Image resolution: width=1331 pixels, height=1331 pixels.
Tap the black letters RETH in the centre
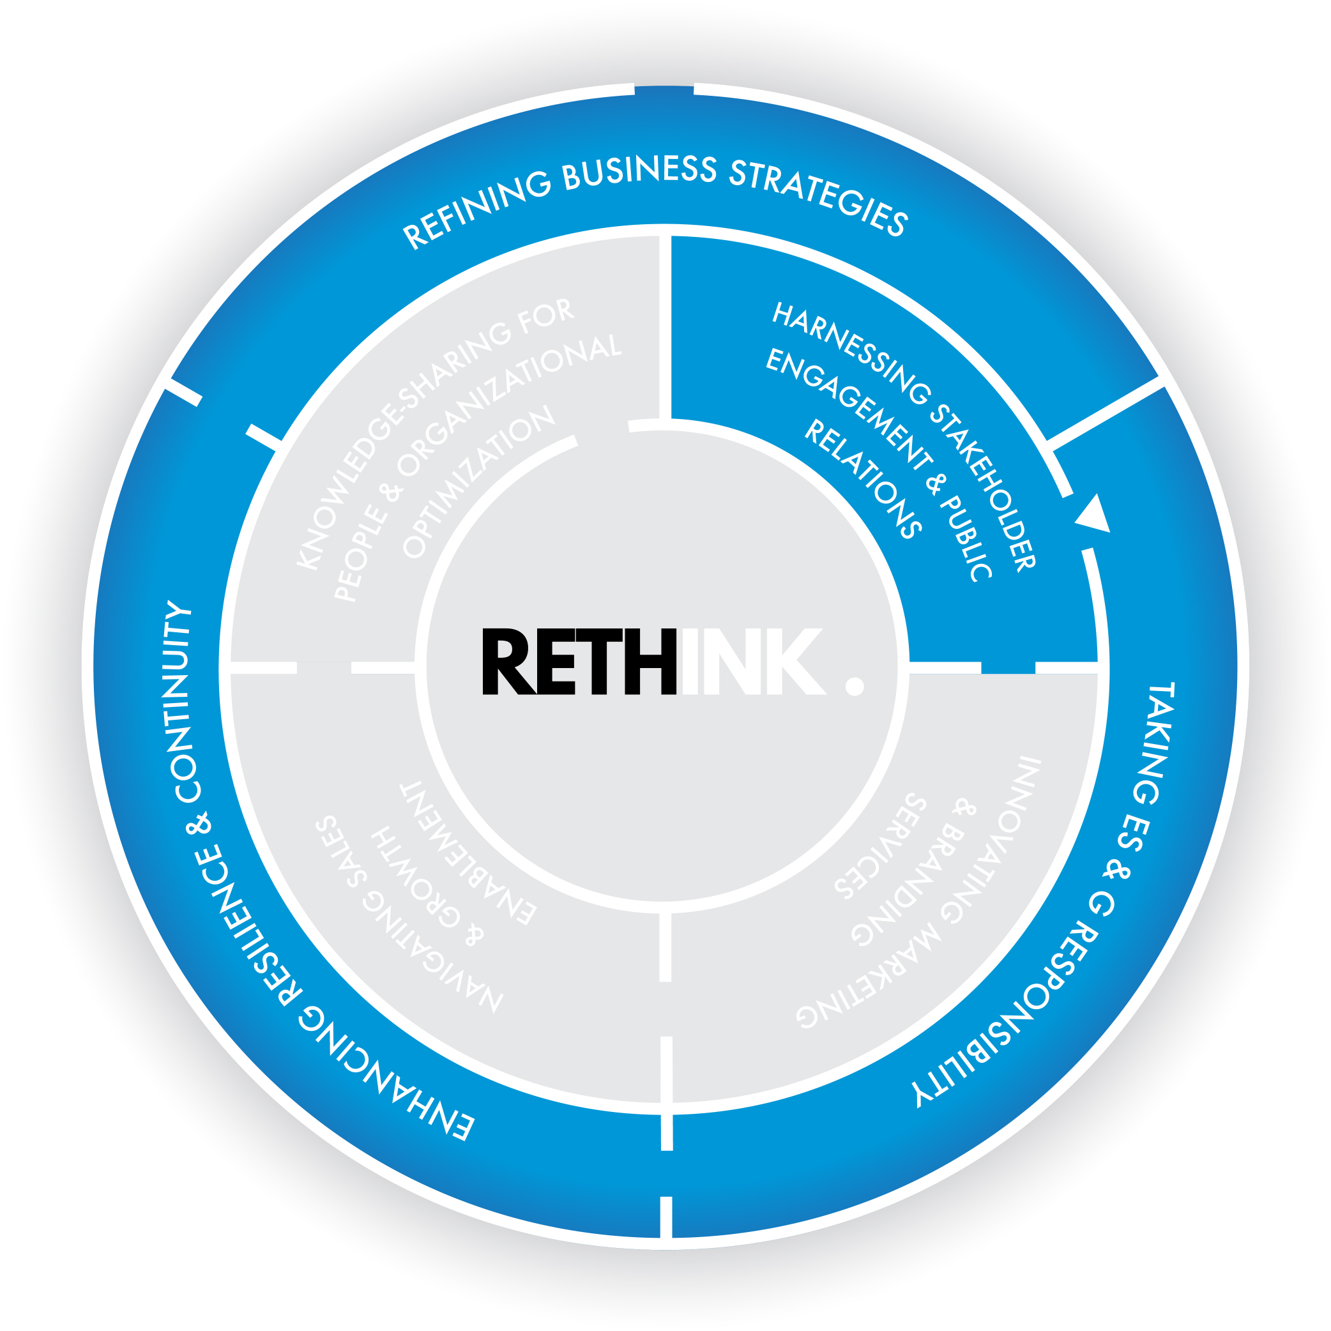click(579, 662)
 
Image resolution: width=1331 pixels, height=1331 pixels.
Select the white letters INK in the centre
click(751, 662)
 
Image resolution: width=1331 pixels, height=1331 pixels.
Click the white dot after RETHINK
click(855, 686)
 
